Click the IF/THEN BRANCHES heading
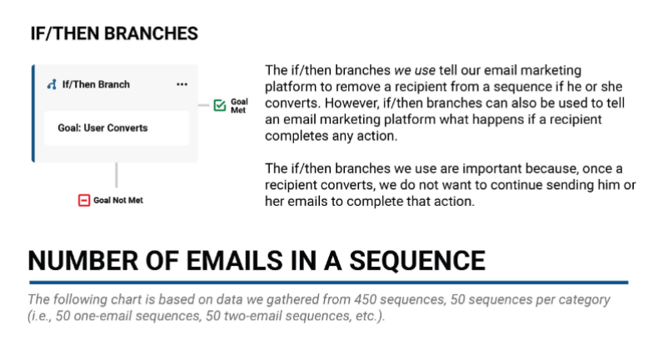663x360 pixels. (114, 33)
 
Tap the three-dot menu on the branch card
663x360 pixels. (182, 84)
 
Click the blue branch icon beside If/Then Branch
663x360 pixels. (52, 84)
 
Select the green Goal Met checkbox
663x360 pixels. (220, 105)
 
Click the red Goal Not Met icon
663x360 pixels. (84, 200)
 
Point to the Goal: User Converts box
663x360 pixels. (117, 127)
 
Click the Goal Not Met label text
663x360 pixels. (118, 200)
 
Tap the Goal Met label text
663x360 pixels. (239, 106)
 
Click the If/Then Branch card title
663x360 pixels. (96, 84)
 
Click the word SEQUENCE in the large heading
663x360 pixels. (417, 260)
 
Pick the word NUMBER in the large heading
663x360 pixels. (83, 260)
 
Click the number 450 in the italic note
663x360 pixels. (365, 299)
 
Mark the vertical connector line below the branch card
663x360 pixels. (117, 175)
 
